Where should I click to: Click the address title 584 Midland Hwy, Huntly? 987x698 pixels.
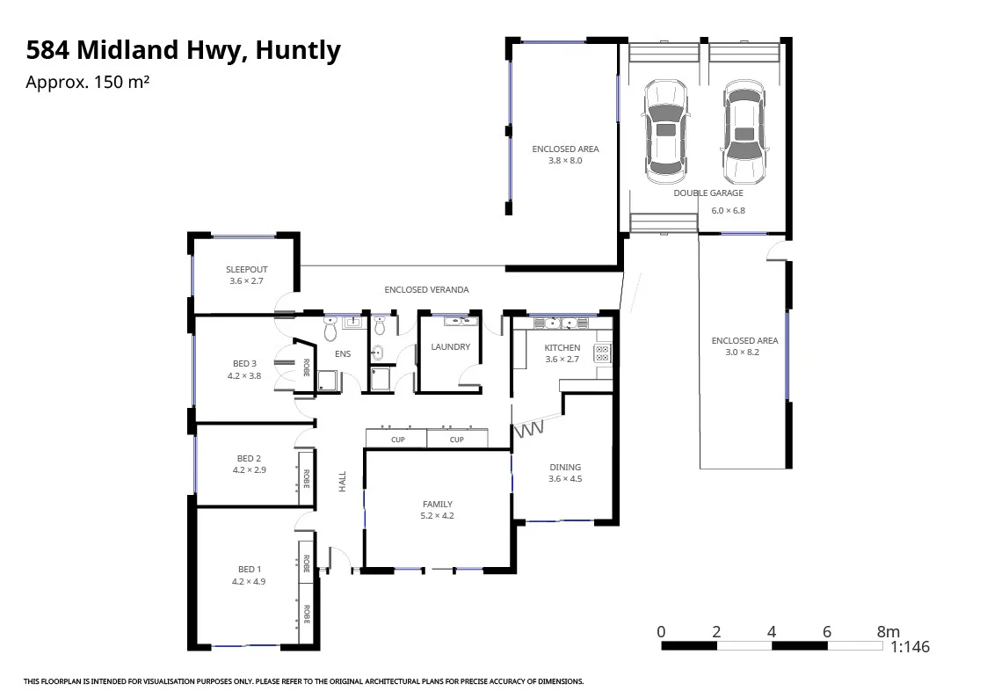click(x=183, y=51)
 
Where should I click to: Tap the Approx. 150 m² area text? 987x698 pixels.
click(x=87, y=83)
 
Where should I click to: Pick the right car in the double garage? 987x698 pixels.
click(x=744, y=132)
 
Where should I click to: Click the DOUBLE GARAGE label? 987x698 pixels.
click(x=708, y=193)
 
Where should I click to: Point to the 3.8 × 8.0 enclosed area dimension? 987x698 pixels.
click(x=565, y=161)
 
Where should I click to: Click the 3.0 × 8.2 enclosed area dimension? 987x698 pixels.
click(x=744, y=353)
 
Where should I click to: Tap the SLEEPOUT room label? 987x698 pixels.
click(x=246, y=270)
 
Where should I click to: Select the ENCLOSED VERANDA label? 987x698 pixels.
click(x=426, y=289)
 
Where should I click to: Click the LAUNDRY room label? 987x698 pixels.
click(x=450, y=347)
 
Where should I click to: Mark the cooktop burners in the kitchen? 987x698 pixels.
click(x=603, y=353)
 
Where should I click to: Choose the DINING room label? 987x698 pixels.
click(x=565, y=468)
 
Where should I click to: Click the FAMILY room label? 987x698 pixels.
click(x=437, y=505)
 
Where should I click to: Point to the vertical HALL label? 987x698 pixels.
click(x=343, y=481)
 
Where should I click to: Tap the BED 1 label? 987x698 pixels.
click(x=249, y=570)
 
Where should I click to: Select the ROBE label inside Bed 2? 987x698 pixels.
click(x=307, y=478)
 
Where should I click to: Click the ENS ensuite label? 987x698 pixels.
click(x=343, y=354)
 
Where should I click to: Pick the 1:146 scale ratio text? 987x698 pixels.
click(x=910, y=647)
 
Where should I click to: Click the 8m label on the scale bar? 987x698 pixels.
click(x=888, y=632)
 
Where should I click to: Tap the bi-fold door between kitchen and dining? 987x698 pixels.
click(x=531, y=429)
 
